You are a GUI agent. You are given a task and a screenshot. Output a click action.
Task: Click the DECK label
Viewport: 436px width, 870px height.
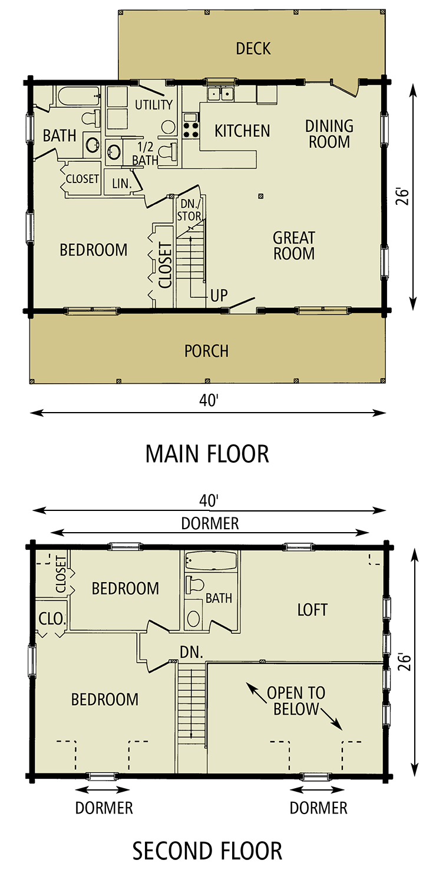click(253, 48)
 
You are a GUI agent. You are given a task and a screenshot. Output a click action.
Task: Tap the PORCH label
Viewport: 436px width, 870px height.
click(206, 351)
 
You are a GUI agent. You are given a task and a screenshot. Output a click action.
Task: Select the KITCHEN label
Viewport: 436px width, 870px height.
click(242, 131)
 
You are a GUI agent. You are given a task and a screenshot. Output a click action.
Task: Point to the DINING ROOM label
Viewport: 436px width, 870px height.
click(329, 134)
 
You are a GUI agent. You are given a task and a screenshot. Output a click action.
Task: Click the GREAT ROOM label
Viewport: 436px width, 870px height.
click(294, 245)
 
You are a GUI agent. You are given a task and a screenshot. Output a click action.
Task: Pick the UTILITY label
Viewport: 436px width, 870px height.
click(154, 104)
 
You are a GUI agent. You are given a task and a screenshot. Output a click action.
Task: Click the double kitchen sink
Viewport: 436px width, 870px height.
click(220, 94)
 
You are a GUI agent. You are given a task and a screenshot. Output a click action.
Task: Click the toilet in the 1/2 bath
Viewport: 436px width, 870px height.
click(169, 151)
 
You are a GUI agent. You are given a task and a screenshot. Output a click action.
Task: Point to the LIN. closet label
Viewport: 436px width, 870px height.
click(122, 183)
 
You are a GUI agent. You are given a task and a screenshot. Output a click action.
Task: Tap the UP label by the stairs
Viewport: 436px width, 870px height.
click(219, 295)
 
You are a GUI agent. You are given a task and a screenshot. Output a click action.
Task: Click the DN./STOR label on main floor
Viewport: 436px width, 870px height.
click(189, 210)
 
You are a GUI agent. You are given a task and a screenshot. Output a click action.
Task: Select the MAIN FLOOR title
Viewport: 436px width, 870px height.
click(207, 454)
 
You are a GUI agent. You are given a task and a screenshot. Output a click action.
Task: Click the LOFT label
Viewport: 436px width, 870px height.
click(312, 610)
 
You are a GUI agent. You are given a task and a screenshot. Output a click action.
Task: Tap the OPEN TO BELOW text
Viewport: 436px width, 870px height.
click(296, 701)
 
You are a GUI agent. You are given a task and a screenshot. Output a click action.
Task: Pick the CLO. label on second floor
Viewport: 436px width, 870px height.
click(52, 619)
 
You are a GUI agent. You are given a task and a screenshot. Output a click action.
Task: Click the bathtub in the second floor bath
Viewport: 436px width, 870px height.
click(210, 561)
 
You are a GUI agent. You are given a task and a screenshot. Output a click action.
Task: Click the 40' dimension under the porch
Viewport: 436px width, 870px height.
click(208, 400)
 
